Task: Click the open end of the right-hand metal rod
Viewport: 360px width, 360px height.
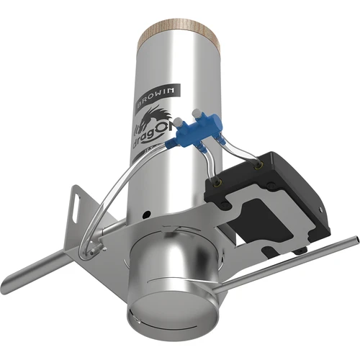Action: (354, 239)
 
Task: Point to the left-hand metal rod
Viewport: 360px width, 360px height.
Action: (43, 269)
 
